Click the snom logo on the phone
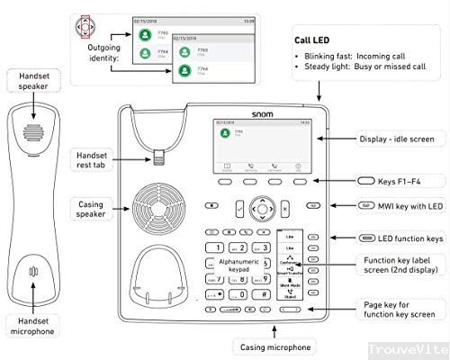(x=261, y=114)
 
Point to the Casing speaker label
(x=92, y=209)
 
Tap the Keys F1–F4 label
(x=393, y=180)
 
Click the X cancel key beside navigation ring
(x=286, y=207)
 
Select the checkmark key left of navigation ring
(x=237, y=207)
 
